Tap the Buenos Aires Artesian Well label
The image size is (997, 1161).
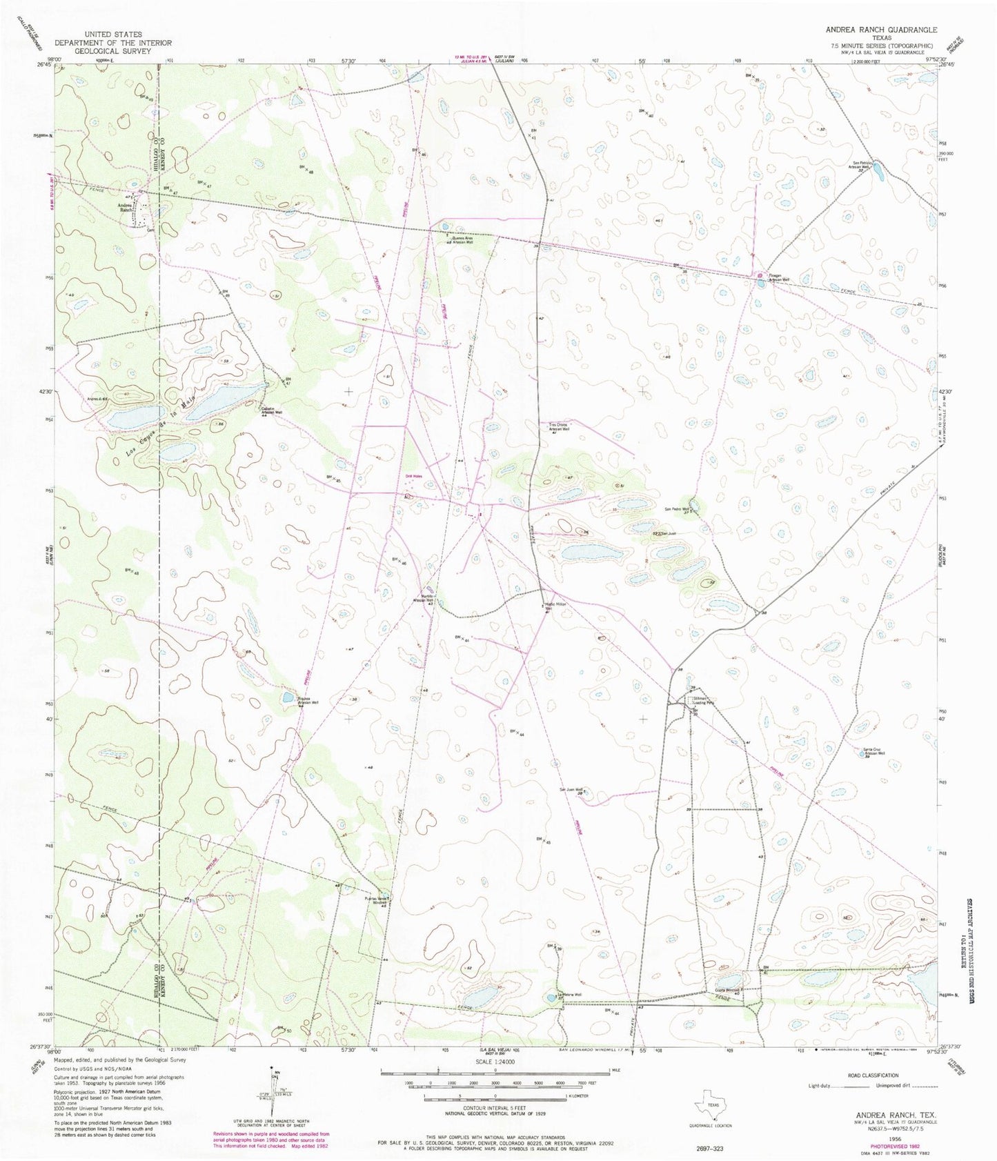[x=461, y=241]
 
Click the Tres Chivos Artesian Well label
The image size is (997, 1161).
[x=559, y=427]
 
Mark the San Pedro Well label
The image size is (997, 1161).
[x=677, y=509]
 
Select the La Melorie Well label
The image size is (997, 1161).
[x=570, y=994]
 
